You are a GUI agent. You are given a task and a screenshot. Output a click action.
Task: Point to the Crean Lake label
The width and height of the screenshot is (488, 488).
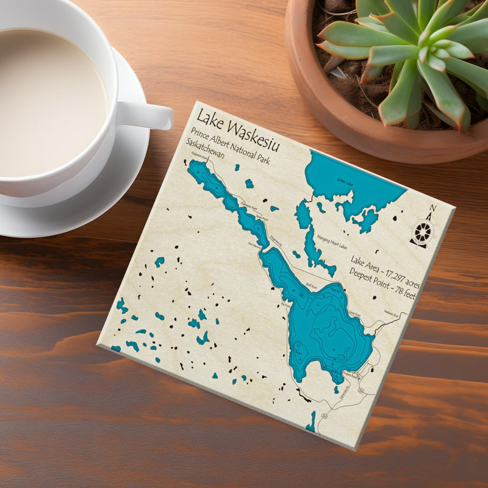click(346, 182)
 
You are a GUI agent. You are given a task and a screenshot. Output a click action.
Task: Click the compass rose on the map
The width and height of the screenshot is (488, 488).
click(422, 232)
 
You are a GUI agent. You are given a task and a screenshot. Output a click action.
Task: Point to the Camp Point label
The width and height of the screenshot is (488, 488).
click(354, 314)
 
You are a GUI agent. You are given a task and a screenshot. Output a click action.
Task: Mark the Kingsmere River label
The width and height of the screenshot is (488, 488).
click(201, 158)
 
